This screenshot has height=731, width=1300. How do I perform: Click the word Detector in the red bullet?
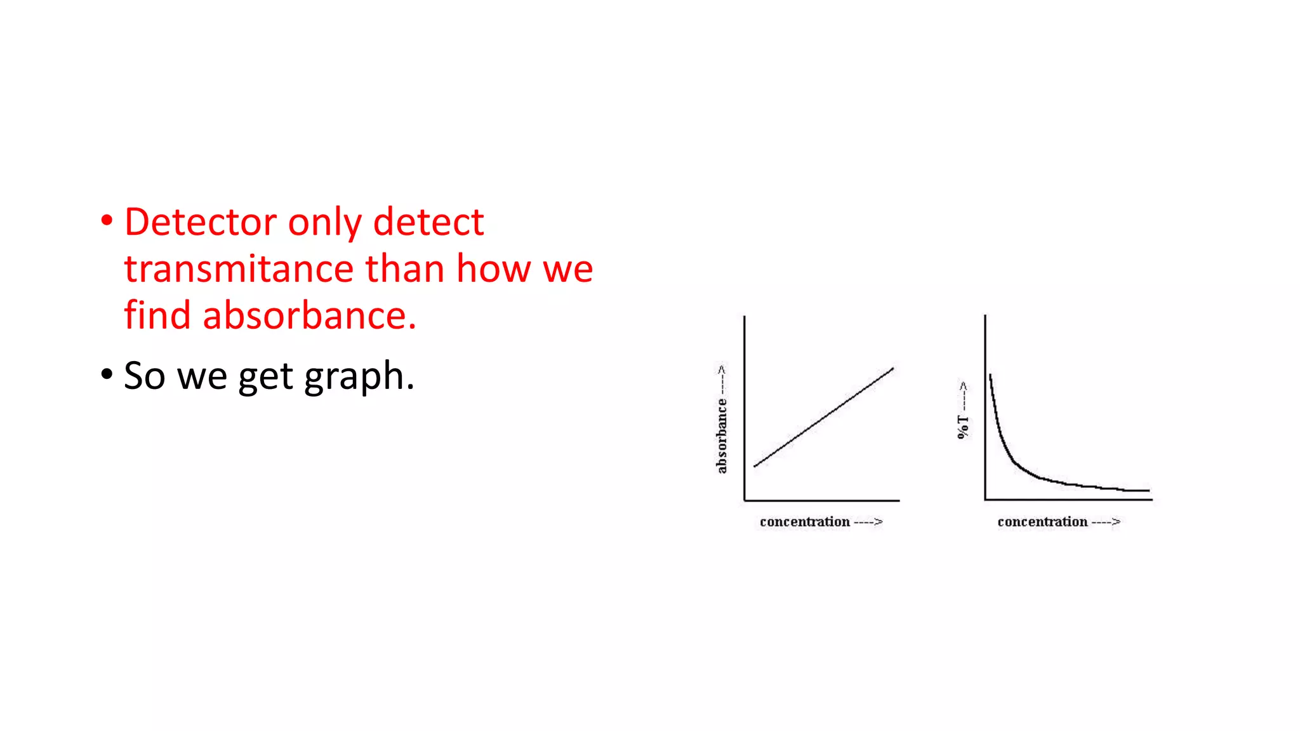click(x=200, y=222)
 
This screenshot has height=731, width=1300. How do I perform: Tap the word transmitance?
click(x=239, y=269)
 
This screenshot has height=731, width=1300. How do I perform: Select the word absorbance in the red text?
click(x=309, y=315)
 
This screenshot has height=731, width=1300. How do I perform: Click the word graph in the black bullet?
click(x=359, y=376)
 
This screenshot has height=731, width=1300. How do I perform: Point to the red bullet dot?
click(x=107, y=221)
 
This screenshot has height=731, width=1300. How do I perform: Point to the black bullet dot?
click(x=107, y=374)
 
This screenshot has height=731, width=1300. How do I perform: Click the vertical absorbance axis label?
click(x=722, y=435)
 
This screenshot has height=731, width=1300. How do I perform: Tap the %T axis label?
click(x=963, y=427)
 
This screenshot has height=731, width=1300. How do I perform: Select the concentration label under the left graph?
click(x=804, y=522)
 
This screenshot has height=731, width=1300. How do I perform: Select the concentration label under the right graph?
click(x=1042, y=522)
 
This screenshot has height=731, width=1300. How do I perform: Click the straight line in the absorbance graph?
click(x=823, y=417)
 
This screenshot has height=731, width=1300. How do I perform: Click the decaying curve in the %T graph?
click(x=1016, y=462)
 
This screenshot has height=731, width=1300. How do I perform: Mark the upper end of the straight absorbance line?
click(x=892, y=368)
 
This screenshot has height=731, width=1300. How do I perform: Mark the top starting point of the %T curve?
click(x=990, y=376)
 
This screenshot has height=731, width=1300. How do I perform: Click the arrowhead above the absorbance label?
click(x=722, y=369)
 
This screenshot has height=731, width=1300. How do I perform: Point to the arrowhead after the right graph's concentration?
click(x=1116, y=522)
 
